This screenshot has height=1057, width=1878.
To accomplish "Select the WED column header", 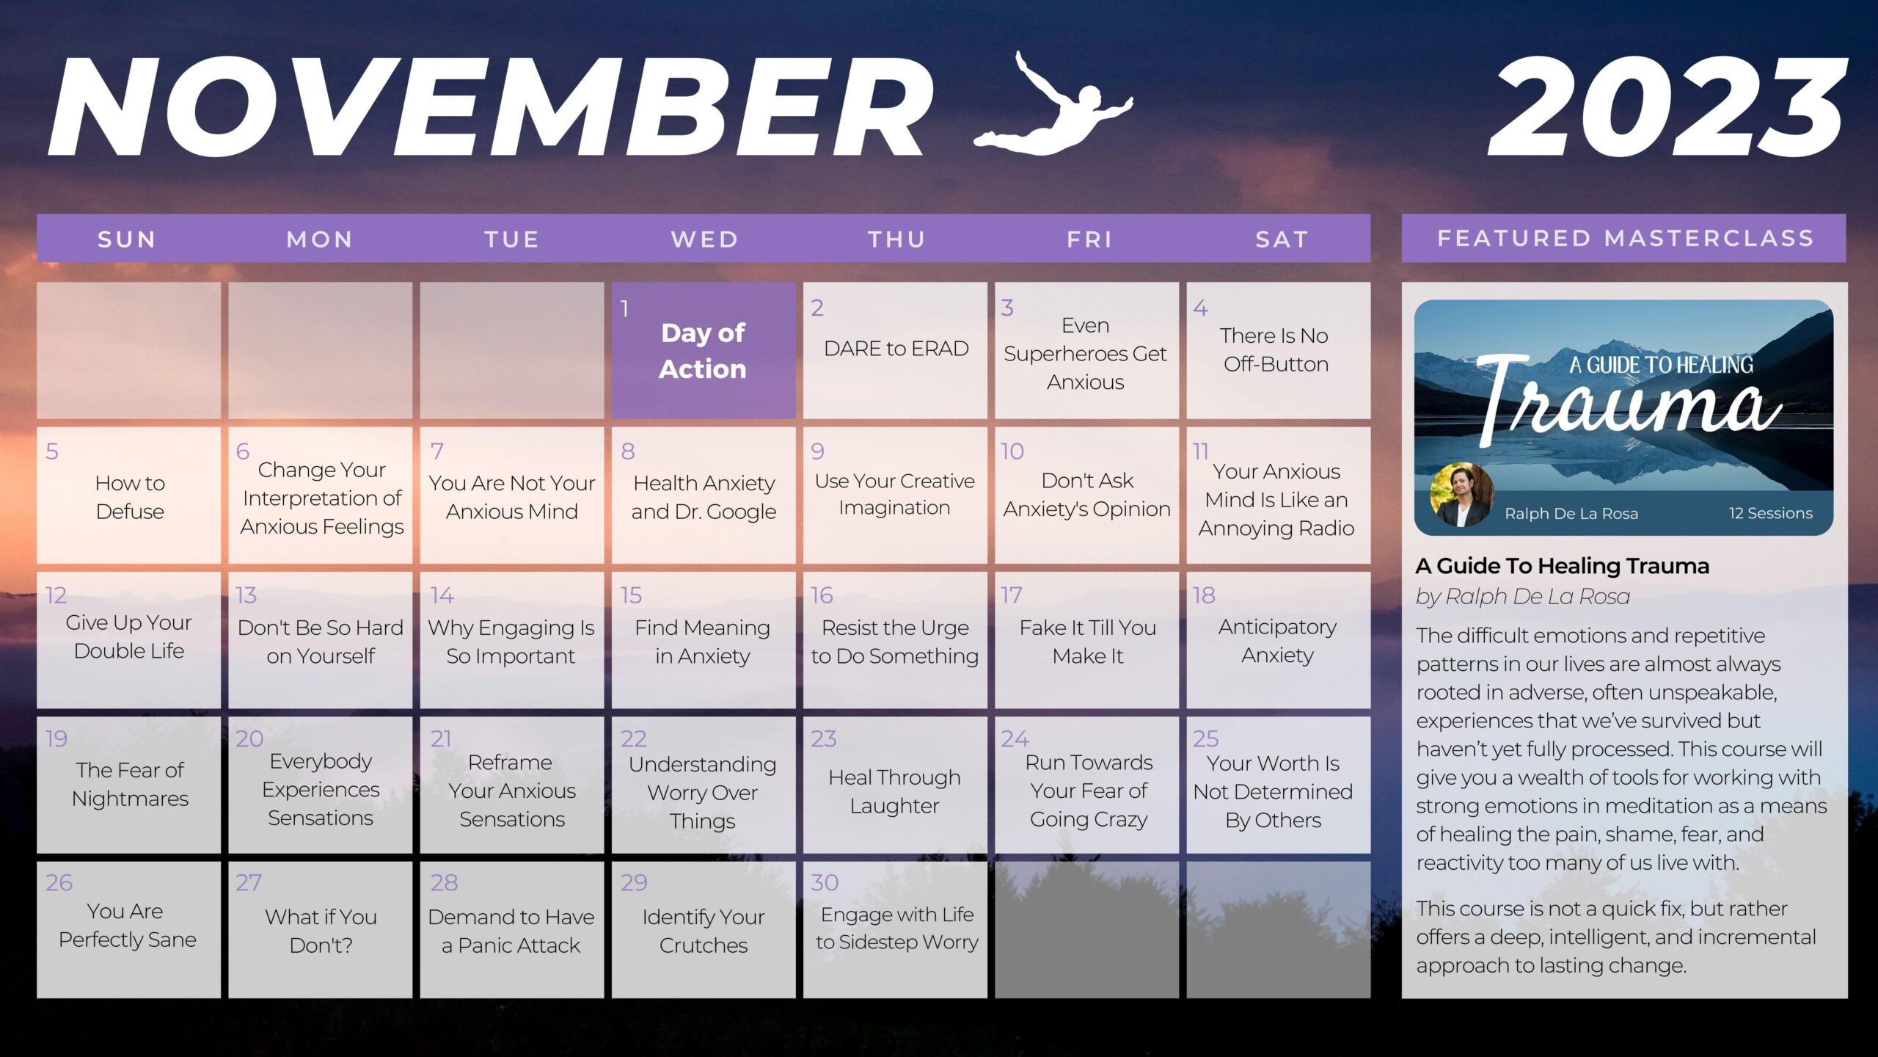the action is coord(704,239).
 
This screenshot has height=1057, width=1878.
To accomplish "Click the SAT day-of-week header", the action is coord(1282,239).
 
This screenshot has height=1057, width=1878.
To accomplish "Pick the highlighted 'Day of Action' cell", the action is coord(704,350).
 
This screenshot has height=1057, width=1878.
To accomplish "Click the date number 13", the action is coord(246,595).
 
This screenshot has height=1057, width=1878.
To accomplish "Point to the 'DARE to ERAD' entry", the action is coord(896,349).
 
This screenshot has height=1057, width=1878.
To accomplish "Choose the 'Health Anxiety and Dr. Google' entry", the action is coord(704,497).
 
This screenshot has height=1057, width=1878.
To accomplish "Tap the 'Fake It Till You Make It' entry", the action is coord(1087,642).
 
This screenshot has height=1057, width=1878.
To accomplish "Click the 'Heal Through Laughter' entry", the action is coord(894,791).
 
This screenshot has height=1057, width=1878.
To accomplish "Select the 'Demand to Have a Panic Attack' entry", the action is coord(511,931).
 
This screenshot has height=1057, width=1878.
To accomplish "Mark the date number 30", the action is coord(825,882).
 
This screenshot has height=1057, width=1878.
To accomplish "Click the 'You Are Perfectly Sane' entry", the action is coord(128,925).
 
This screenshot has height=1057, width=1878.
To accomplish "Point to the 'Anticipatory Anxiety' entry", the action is coord(1277,641).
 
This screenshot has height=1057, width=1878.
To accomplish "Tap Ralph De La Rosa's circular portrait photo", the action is coord(1462,495).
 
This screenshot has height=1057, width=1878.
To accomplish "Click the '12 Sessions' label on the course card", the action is coord(1770,513).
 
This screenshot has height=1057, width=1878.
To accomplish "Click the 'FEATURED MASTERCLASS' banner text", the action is coord(1625,239).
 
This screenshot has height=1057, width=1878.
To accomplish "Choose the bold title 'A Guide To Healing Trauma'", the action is coord(1563,566).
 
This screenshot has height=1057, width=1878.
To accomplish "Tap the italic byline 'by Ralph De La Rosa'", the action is coord(1523,597).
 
